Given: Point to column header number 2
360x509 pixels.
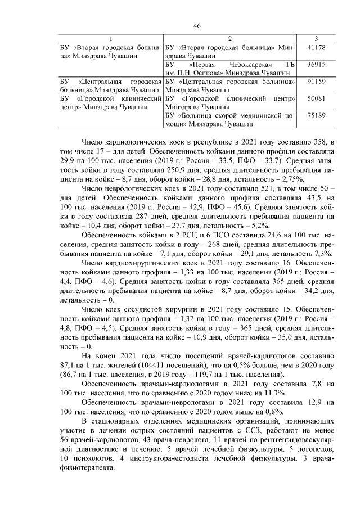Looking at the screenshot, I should click(231, 38).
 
